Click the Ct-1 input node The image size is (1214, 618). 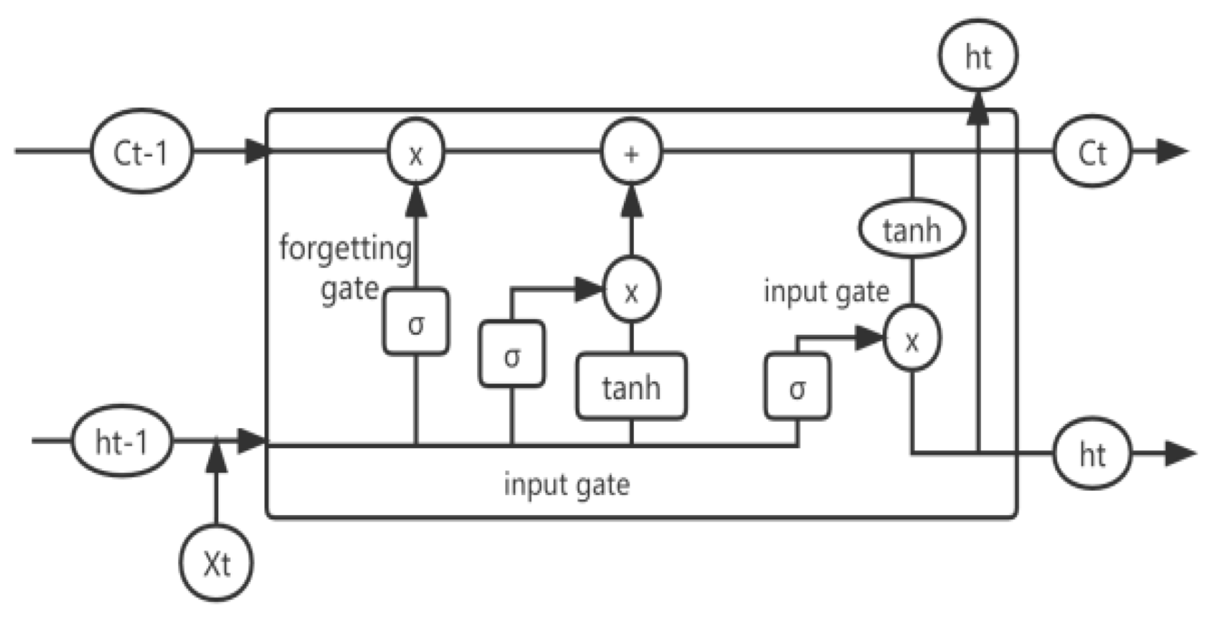[142, 152]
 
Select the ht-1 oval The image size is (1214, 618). [122, 441]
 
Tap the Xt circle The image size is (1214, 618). [216, 563]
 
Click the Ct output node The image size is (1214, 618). [1092, 152]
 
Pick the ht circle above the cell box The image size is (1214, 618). [978, 56]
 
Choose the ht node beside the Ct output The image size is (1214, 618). [1092, 454]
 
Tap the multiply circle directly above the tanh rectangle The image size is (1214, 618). [631, 290]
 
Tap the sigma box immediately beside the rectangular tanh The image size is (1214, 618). [512, 354]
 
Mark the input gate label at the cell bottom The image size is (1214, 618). [566, 484]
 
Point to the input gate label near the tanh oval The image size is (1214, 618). [826, 292]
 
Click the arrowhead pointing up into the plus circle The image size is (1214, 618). [631, 201]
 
